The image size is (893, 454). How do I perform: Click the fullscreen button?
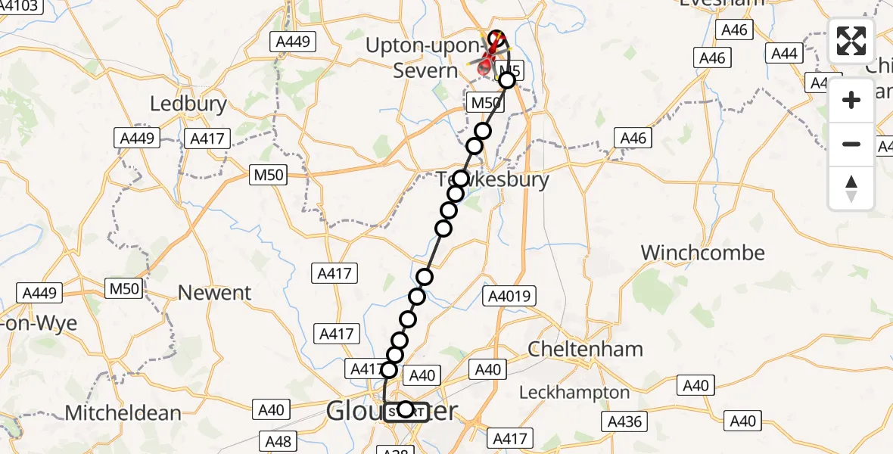[851, 41]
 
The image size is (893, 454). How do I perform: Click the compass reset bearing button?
[851, 189]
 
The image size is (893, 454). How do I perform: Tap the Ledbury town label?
[188, 104]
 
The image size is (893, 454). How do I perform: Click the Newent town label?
[214, 293]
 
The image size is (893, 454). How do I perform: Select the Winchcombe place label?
[703, 253]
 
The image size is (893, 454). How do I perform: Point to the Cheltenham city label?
[585, 350]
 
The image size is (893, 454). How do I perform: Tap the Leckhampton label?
[575, 393]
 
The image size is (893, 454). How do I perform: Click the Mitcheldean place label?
[123, 413]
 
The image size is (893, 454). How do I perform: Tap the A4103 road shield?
[21, 6]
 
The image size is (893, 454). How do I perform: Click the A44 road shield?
[785, 54]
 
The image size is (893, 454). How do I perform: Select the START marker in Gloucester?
[406, 410]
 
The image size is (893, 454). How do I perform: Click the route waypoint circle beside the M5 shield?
[507, 80]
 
